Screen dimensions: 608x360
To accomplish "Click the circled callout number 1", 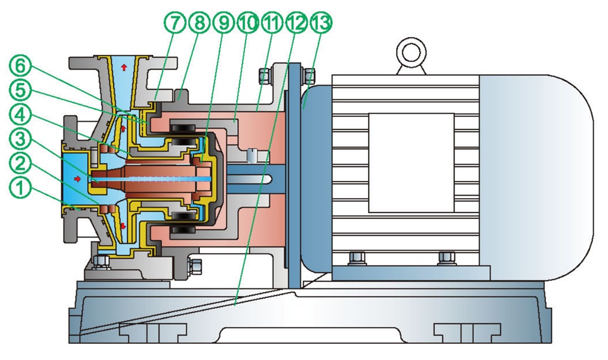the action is [20, 188].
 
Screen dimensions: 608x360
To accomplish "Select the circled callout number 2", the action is [20, 164].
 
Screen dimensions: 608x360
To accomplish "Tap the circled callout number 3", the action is [20, 139].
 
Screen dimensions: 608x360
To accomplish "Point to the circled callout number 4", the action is [20, 115].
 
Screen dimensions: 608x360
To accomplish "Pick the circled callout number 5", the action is [20, 91].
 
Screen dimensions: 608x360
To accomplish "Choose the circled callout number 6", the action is [20, 66].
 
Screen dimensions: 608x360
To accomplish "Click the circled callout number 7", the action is [175, 23].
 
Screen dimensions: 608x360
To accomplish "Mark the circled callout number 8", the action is [199, 23].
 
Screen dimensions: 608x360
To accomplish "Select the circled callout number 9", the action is [224, 23].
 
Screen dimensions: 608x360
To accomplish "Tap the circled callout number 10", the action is [248, 23].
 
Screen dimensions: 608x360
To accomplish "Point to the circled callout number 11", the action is [272, 23].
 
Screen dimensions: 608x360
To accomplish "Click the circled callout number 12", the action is [297, 23].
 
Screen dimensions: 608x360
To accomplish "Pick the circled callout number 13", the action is [321, 23].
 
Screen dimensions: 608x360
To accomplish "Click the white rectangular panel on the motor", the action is [411, 163].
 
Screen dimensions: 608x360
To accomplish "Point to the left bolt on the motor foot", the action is [357, 259].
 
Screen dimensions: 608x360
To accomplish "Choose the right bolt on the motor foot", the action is [446, 259].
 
